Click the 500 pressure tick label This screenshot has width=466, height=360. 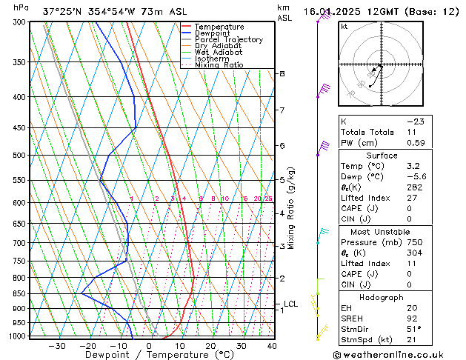pyautogui.click(x=20, y=156)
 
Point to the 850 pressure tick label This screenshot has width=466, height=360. pyautogui.click(x=20, y=294)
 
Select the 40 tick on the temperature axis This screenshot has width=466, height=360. pyautogui.click(x=272, y=346)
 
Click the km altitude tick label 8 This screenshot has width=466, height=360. pyautogui.click(x=282, y=74)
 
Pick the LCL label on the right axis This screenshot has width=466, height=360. pyautogui.click(x=290, y=304)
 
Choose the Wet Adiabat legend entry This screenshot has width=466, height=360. pyautogui.click(x=218, y=53)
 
